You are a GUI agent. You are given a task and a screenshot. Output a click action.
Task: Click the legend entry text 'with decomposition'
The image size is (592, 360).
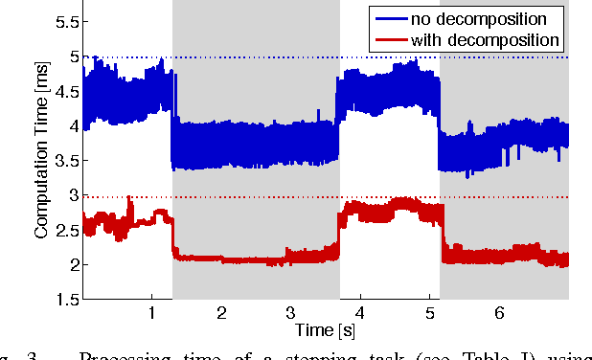click(x=485, y=40)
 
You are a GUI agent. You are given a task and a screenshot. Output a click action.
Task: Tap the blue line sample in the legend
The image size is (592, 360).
click(x=388, y=18)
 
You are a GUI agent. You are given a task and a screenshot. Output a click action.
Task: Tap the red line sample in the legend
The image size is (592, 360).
click(x=388, y=40)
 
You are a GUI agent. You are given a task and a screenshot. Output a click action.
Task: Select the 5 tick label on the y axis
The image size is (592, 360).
click(x=71, y=56)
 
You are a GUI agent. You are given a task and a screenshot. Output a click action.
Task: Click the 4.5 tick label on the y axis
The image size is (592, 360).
click(x=65, y=92)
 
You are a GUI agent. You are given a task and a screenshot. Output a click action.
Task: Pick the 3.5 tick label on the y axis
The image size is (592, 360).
click(x=65, y=161)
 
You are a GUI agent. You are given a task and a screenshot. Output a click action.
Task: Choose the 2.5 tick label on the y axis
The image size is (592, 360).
click(x=65, y=230)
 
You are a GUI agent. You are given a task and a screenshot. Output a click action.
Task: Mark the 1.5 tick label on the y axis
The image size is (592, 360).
click(x=65, y=299)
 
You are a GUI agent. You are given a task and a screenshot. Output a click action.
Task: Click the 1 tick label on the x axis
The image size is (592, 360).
click(x=151, y=313)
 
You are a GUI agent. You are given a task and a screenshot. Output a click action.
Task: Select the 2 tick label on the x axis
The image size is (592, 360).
click(x=221, y=313)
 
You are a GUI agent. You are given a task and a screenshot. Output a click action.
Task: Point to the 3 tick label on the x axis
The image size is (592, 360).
click(x=290, y=313)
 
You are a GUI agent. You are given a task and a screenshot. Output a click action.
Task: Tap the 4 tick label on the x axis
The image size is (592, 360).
click(x=360, y=313)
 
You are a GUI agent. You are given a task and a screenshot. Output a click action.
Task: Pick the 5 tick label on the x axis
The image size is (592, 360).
click(x=429, y=313)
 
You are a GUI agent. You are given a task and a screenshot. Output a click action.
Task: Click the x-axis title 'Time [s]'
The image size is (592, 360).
click(x=325, y=330)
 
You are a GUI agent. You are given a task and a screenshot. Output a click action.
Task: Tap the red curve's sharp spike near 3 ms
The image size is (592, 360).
click(x=129, y=198)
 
